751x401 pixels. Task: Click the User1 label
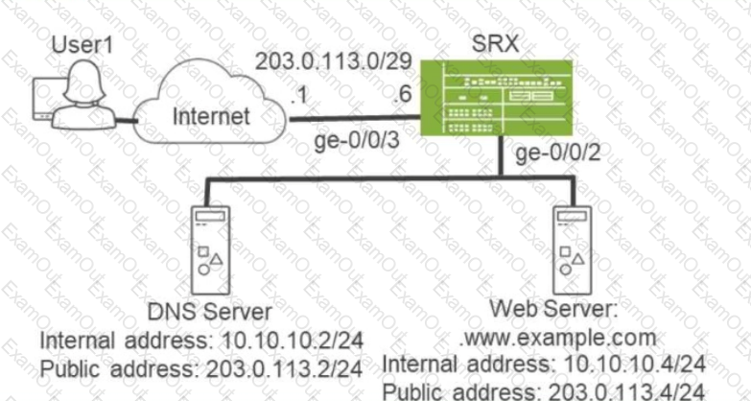click(82, 45)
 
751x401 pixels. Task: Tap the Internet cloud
click(210, 102)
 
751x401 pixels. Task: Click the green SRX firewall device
click(497, 98)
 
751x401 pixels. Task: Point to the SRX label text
click(495, 44)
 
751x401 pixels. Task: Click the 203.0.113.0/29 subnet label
click(334, 61)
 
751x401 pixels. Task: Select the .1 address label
click(299, 96)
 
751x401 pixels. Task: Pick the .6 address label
click(402, 94)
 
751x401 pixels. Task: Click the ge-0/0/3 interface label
click(357, 141)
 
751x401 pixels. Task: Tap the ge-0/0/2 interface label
click(558, 154)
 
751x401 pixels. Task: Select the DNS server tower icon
click(210, 250)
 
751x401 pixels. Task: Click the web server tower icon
click(573, 250)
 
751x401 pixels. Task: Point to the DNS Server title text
click(209, 312)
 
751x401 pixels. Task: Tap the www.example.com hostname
click(558, 339)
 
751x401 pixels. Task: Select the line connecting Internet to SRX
click(355, 118)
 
